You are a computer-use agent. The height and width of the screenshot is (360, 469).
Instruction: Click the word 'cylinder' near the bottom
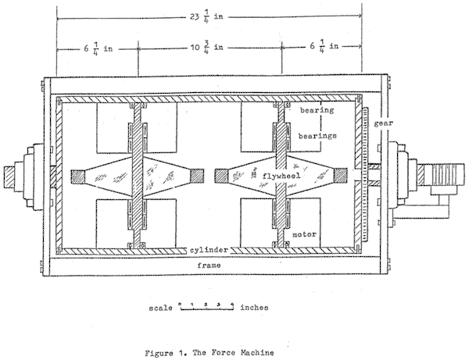[206, 250]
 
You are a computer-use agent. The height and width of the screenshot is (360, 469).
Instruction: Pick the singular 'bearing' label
[318, 111]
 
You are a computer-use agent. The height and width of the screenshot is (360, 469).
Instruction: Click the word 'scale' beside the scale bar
[159, 308]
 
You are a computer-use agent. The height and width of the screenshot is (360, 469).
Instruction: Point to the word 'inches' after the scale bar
[256, 308]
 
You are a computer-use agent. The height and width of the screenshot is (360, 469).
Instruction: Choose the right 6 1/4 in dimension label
[324, 46]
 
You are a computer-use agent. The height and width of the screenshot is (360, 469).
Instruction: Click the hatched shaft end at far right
[453, 174]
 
